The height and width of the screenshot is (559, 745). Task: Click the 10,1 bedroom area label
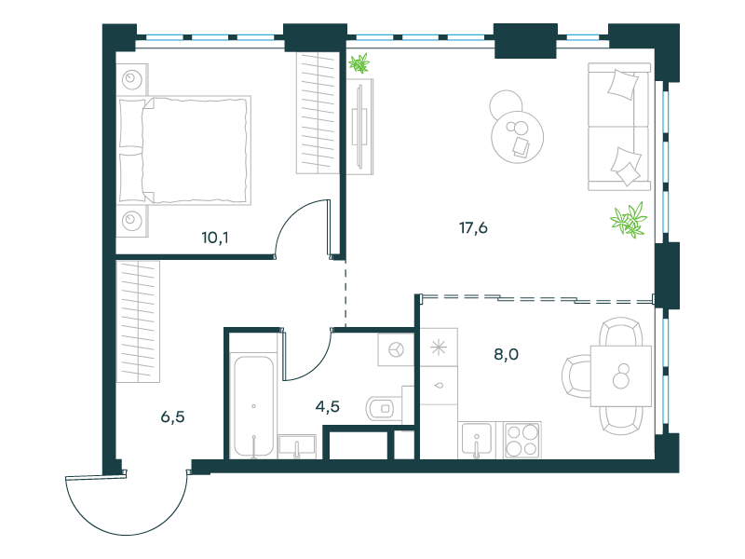215,238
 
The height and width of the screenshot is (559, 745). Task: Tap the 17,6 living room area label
473,228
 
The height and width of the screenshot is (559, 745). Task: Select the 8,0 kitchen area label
506,354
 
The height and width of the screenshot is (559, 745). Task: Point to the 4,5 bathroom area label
328,407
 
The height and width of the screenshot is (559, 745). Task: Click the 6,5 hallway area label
172,417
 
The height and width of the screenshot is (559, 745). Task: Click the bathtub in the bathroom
253,405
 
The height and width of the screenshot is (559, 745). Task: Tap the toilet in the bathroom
384,408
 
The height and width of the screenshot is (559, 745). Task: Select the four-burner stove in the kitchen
522,440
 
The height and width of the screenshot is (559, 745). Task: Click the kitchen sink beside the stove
477,440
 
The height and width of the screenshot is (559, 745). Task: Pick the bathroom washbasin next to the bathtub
297,447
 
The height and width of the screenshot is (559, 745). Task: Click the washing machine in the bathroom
396,350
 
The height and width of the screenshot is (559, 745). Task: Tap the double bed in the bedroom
183,151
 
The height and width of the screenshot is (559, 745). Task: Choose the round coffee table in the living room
517,137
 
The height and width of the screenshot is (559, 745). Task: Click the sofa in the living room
618,127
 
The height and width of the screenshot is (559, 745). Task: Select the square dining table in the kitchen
620,376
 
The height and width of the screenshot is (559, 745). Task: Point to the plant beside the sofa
629,220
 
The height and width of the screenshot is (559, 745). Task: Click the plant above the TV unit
359,63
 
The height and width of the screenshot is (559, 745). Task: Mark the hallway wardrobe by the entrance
138,321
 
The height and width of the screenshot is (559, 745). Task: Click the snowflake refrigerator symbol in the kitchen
439,347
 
